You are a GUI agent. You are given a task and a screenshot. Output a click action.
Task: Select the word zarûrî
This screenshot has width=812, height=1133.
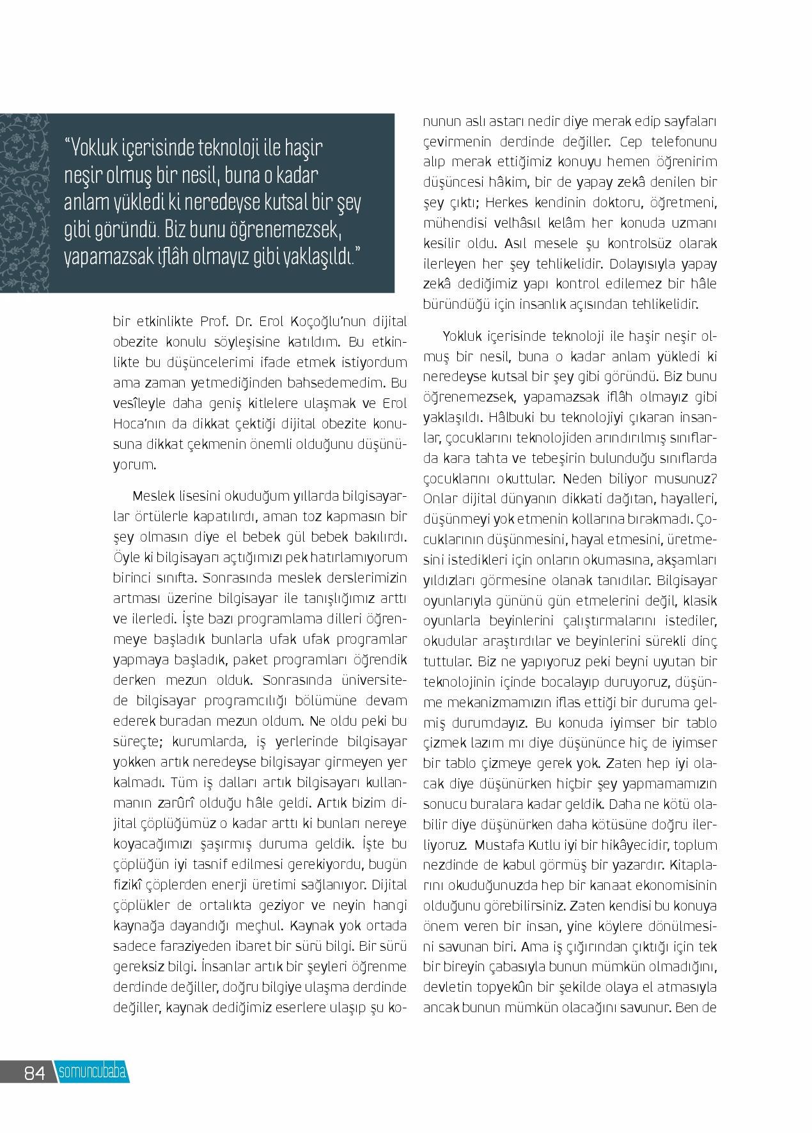[201, 803]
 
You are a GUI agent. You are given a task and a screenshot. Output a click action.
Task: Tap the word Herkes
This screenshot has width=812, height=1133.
[508, 203]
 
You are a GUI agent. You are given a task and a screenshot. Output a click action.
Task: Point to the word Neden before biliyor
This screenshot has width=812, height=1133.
[585, 479]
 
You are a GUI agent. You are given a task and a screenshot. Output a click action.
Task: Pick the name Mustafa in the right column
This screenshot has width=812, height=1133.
[498, 845]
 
